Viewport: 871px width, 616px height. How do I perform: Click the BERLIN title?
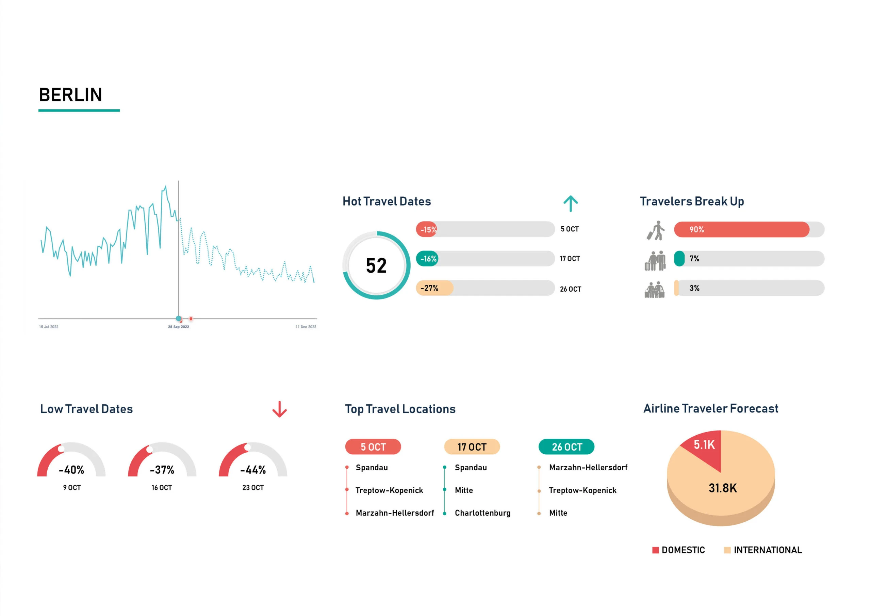[70, 95]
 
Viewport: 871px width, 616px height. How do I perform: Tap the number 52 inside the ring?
[376, 266]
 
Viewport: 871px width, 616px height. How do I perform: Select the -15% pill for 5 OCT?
[428, 230]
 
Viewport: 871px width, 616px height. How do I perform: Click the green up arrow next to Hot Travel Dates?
[570, 204]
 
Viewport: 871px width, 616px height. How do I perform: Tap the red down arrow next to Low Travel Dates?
[280, 409]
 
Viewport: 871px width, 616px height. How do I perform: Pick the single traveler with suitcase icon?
[656, 230]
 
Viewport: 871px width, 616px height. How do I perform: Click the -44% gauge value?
[253, 470]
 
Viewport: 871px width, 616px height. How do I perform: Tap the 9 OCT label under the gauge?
[72, 488]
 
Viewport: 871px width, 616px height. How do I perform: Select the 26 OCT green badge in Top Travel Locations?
[566, 447]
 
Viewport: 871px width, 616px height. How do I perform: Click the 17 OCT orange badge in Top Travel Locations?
[472, 447]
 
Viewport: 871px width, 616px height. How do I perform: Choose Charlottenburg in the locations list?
[482, 513]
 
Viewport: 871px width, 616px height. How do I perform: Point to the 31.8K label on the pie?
[722, 488]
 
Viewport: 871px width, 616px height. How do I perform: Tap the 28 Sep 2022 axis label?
[178, 327]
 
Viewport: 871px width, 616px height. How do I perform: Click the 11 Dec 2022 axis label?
[306, 327]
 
